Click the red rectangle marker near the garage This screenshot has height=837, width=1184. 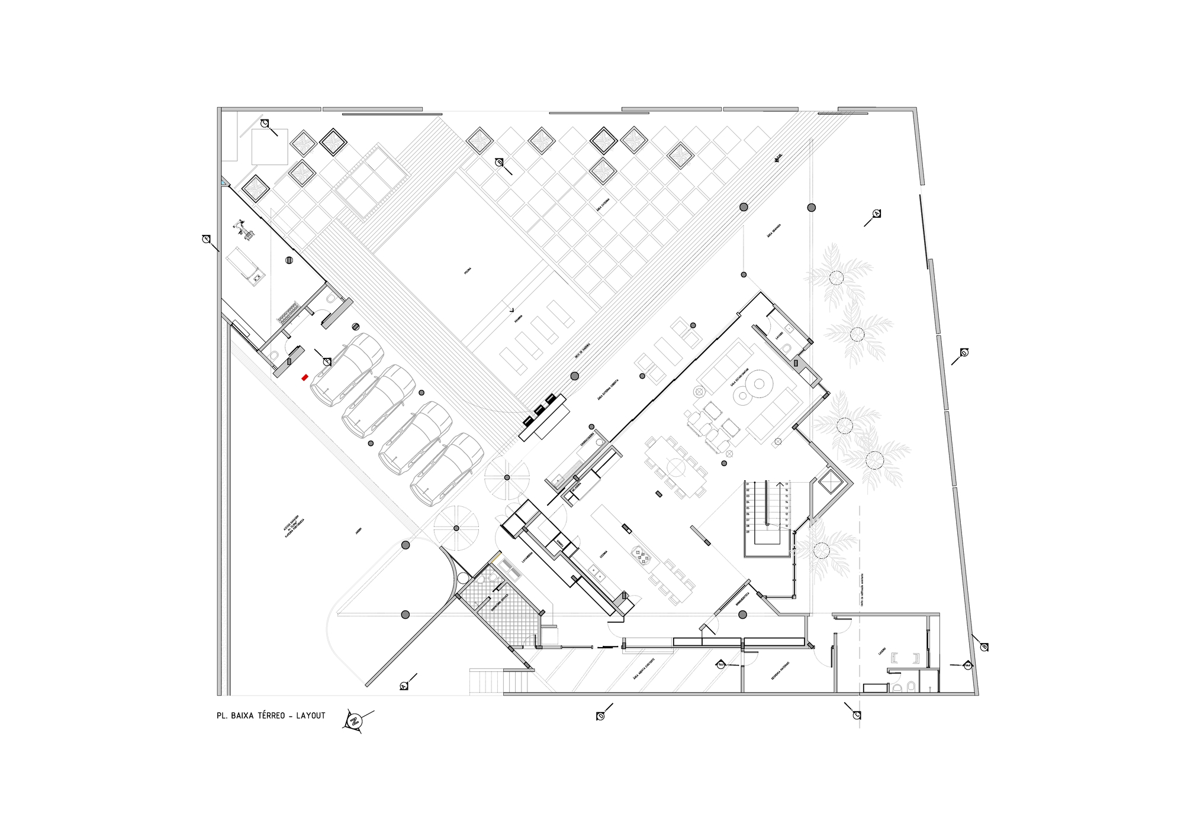(305, 377)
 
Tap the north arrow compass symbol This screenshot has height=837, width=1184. (354, 720)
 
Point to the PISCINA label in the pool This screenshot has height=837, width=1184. (468, 271)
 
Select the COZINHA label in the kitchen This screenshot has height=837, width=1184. (603, 554)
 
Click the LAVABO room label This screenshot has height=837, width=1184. (780, 335)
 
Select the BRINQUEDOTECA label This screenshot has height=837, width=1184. (742, 599)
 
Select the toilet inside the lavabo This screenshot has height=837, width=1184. (786, 348)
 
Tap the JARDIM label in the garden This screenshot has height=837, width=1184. (358, 531)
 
